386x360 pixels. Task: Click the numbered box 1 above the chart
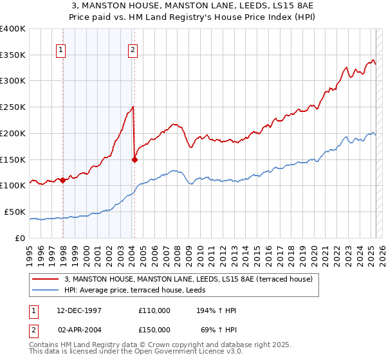point(60,50)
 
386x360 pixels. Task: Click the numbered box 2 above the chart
point(133,50)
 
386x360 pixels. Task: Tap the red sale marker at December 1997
point(63,181)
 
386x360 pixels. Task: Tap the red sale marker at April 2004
point(134,159)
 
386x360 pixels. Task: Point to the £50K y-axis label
point(15,212)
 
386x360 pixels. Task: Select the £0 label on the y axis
point(19,238)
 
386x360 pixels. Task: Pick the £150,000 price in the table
point(154,329)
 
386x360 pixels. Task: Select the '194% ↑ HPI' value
point(217,310)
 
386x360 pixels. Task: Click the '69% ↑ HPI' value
point(219,329)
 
